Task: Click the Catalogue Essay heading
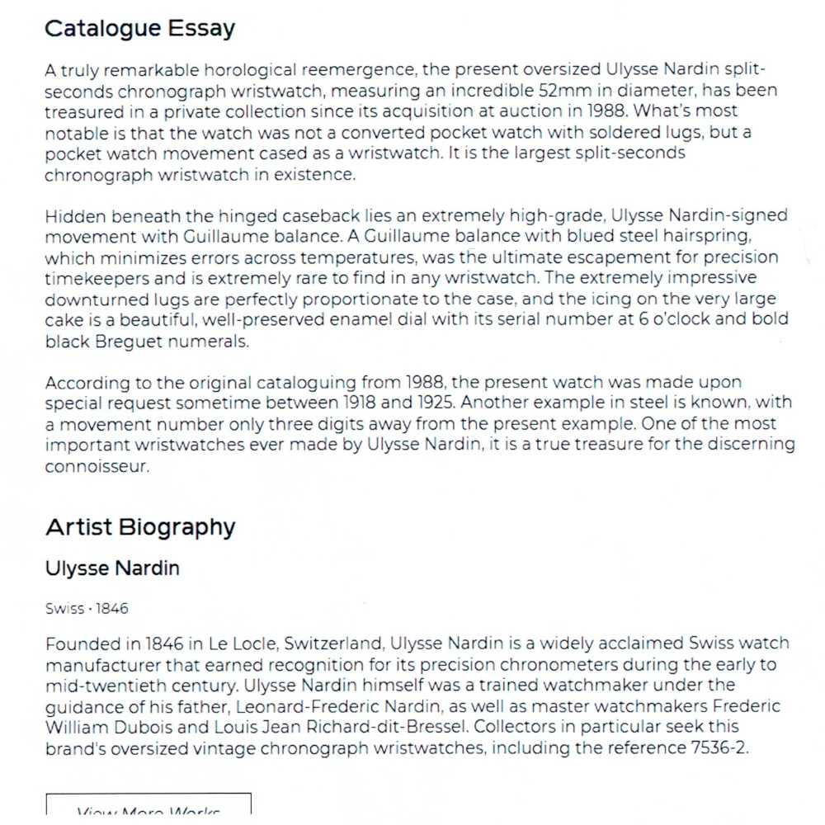tap(139, 29)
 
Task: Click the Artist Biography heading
tap(140, 527)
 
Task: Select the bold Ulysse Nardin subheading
tap(112, 568)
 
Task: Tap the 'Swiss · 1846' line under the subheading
tap(87, 609)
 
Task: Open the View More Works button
tap(148, 807)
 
